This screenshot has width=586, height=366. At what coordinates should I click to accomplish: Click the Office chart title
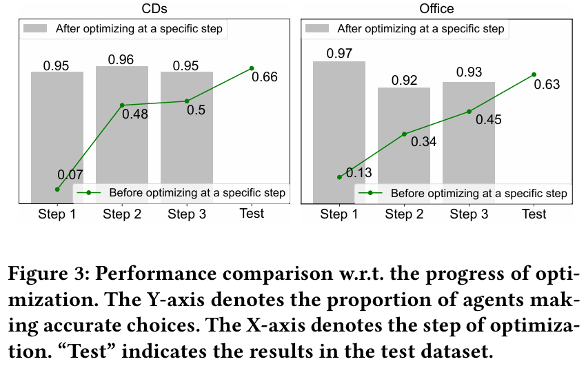436,8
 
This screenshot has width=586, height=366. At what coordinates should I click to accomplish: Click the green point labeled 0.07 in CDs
57,189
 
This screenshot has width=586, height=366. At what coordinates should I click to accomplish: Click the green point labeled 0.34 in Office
404,134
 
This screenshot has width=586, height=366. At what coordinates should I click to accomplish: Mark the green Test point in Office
534,74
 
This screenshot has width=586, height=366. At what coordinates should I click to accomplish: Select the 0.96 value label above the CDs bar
122,59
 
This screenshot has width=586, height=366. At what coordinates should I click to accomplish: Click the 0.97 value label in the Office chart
339,54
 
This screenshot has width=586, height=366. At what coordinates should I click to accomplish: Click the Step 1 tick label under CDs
57,214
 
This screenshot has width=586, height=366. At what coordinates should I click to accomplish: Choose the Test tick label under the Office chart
534,214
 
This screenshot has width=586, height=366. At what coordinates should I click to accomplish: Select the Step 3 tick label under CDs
187,214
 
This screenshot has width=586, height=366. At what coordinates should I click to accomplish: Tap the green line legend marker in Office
370,193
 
